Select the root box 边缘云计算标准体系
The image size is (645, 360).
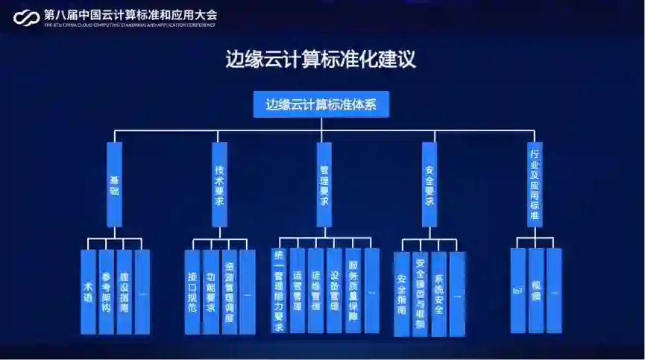point(321,104)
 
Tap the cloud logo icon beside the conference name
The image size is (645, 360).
point(26,17)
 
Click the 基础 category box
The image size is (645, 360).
point(114,184)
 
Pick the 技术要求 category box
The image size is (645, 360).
point(219,184)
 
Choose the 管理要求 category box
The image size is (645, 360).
point(324,184)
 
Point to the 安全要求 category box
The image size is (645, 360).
point(430,184)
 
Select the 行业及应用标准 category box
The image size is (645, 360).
point(535,184)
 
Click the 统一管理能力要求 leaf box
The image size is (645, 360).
point(280,291)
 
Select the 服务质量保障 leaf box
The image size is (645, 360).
point(353,291)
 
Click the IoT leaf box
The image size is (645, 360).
point(518,291)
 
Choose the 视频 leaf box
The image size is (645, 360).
point(536,291)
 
